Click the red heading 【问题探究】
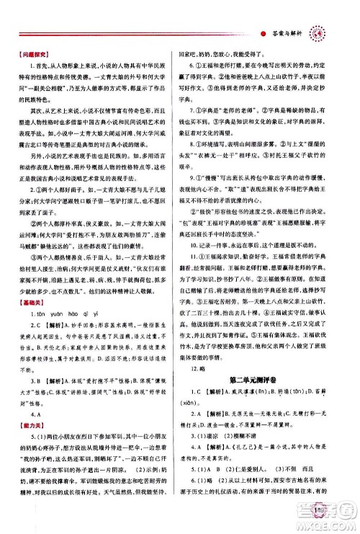(29, 55)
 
